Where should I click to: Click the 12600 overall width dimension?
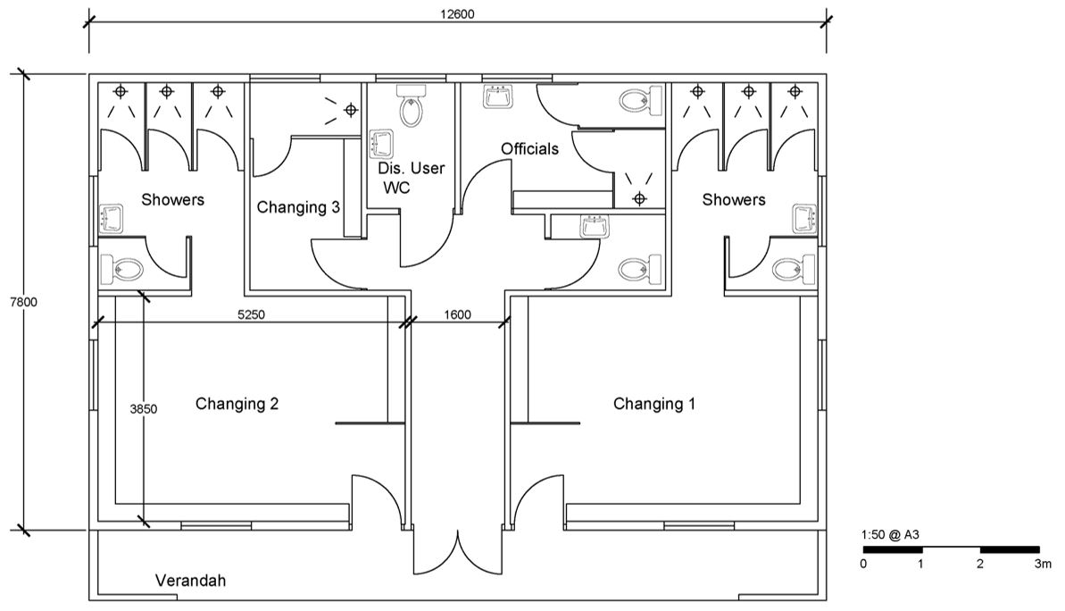tap(457, 13)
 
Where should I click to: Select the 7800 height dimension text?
tap(24, 303)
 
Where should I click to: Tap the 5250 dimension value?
tap(251, 314)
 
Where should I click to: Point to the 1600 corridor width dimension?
tap(457, 314)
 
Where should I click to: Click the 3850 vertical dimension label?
tap(144, 409)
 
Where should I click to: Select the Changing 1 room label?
tap(654, 405)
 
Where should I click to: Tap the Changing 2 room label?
tap(237, 405)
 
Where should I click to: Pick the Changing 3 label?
tap(298, 207)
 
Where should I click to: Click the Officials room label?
tap(529, 149)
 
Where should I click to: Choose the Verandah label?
tap(191, 582)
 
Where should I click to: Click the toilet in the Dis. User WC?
tap(411, 106)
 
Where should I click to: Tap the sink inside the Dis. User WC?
tap(380, 144)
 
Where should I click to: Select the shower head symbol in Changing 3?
tap(351, 109)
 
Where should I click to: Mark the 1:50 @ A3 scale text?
tap(890, 535)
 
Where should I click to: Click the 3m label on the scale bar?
tap(1043, 564)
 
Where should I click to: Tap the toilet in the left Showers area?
tap(121, 270)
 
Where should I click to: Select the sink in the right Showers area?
tap(805, 219)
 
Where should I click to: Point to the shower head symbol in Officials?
tap(638, 198)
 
